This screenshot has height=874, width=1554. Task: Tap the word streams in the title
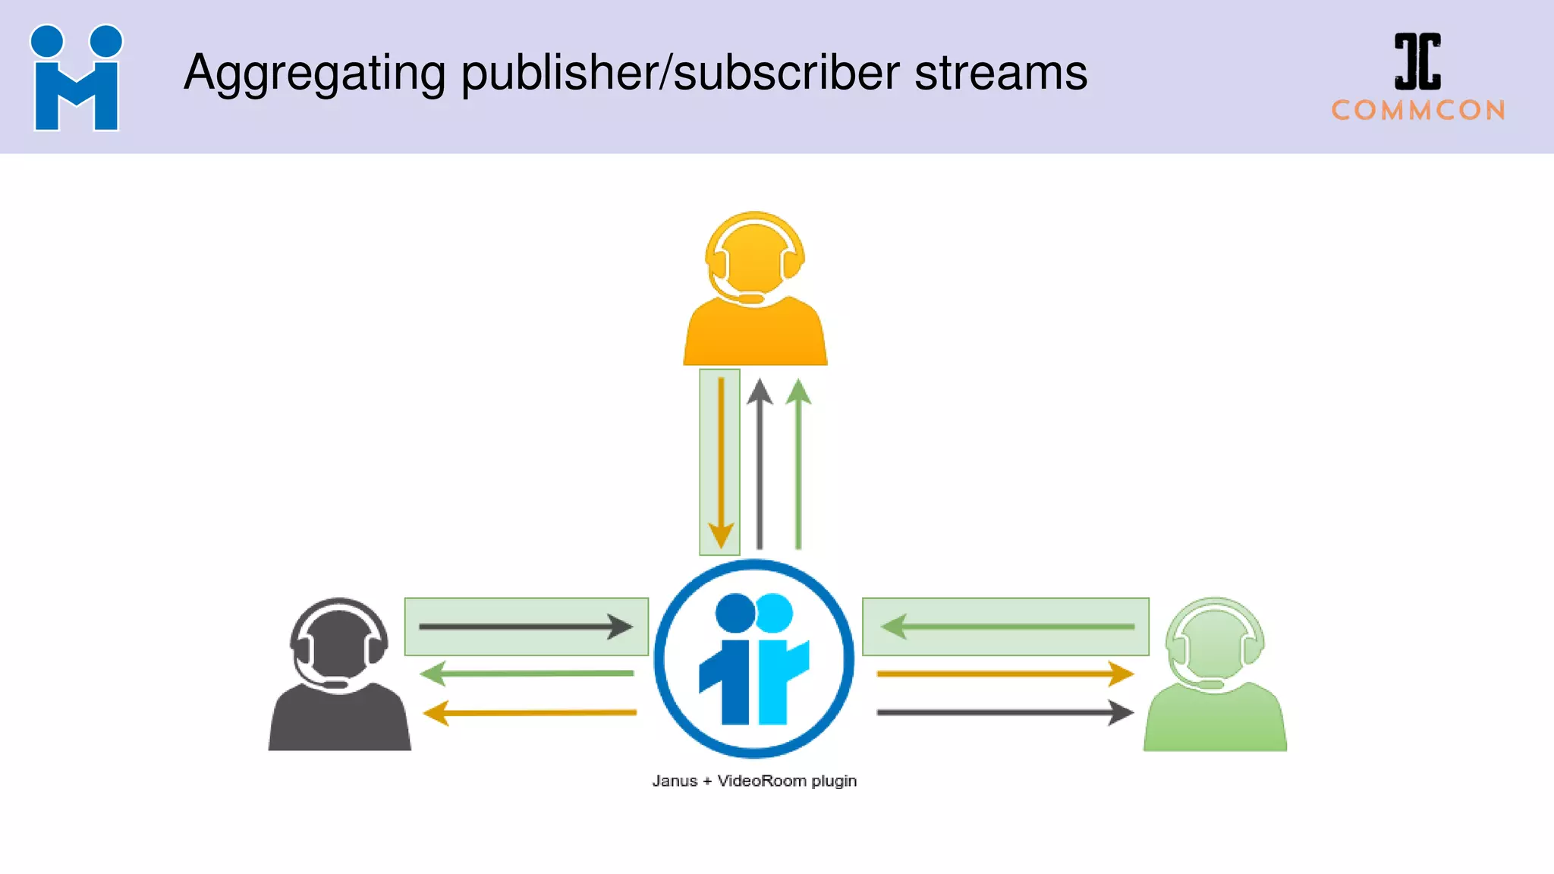[1001, 73]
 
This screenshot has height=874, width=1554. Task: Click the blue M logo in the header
[76, 79]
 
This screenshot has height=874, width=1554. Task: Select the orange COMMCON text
[1418, 111]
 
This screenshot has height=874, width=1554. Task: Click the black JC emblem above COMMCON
[1417, 61]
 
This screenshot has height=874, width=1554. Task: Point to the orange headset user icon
[755, 292]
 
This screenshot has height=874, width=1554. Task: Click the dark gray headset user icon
[339, 677]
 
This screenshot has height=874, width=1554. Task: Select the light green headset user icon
[1215, 677]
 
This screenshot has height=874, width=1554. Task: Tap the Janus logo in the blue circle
[754, 659]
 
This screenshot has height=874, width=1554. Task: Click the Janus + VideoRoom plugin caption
[754, 781]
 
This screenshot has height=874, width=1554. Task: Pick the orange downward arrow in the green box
[720, 463]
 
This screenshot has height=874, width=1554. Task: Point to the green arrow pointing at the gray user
[527, 673]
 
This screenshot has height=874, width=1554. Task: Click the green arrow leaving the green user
[1007, 627]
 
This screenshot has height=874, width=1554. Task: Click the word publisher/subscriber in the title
[680, 74]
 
